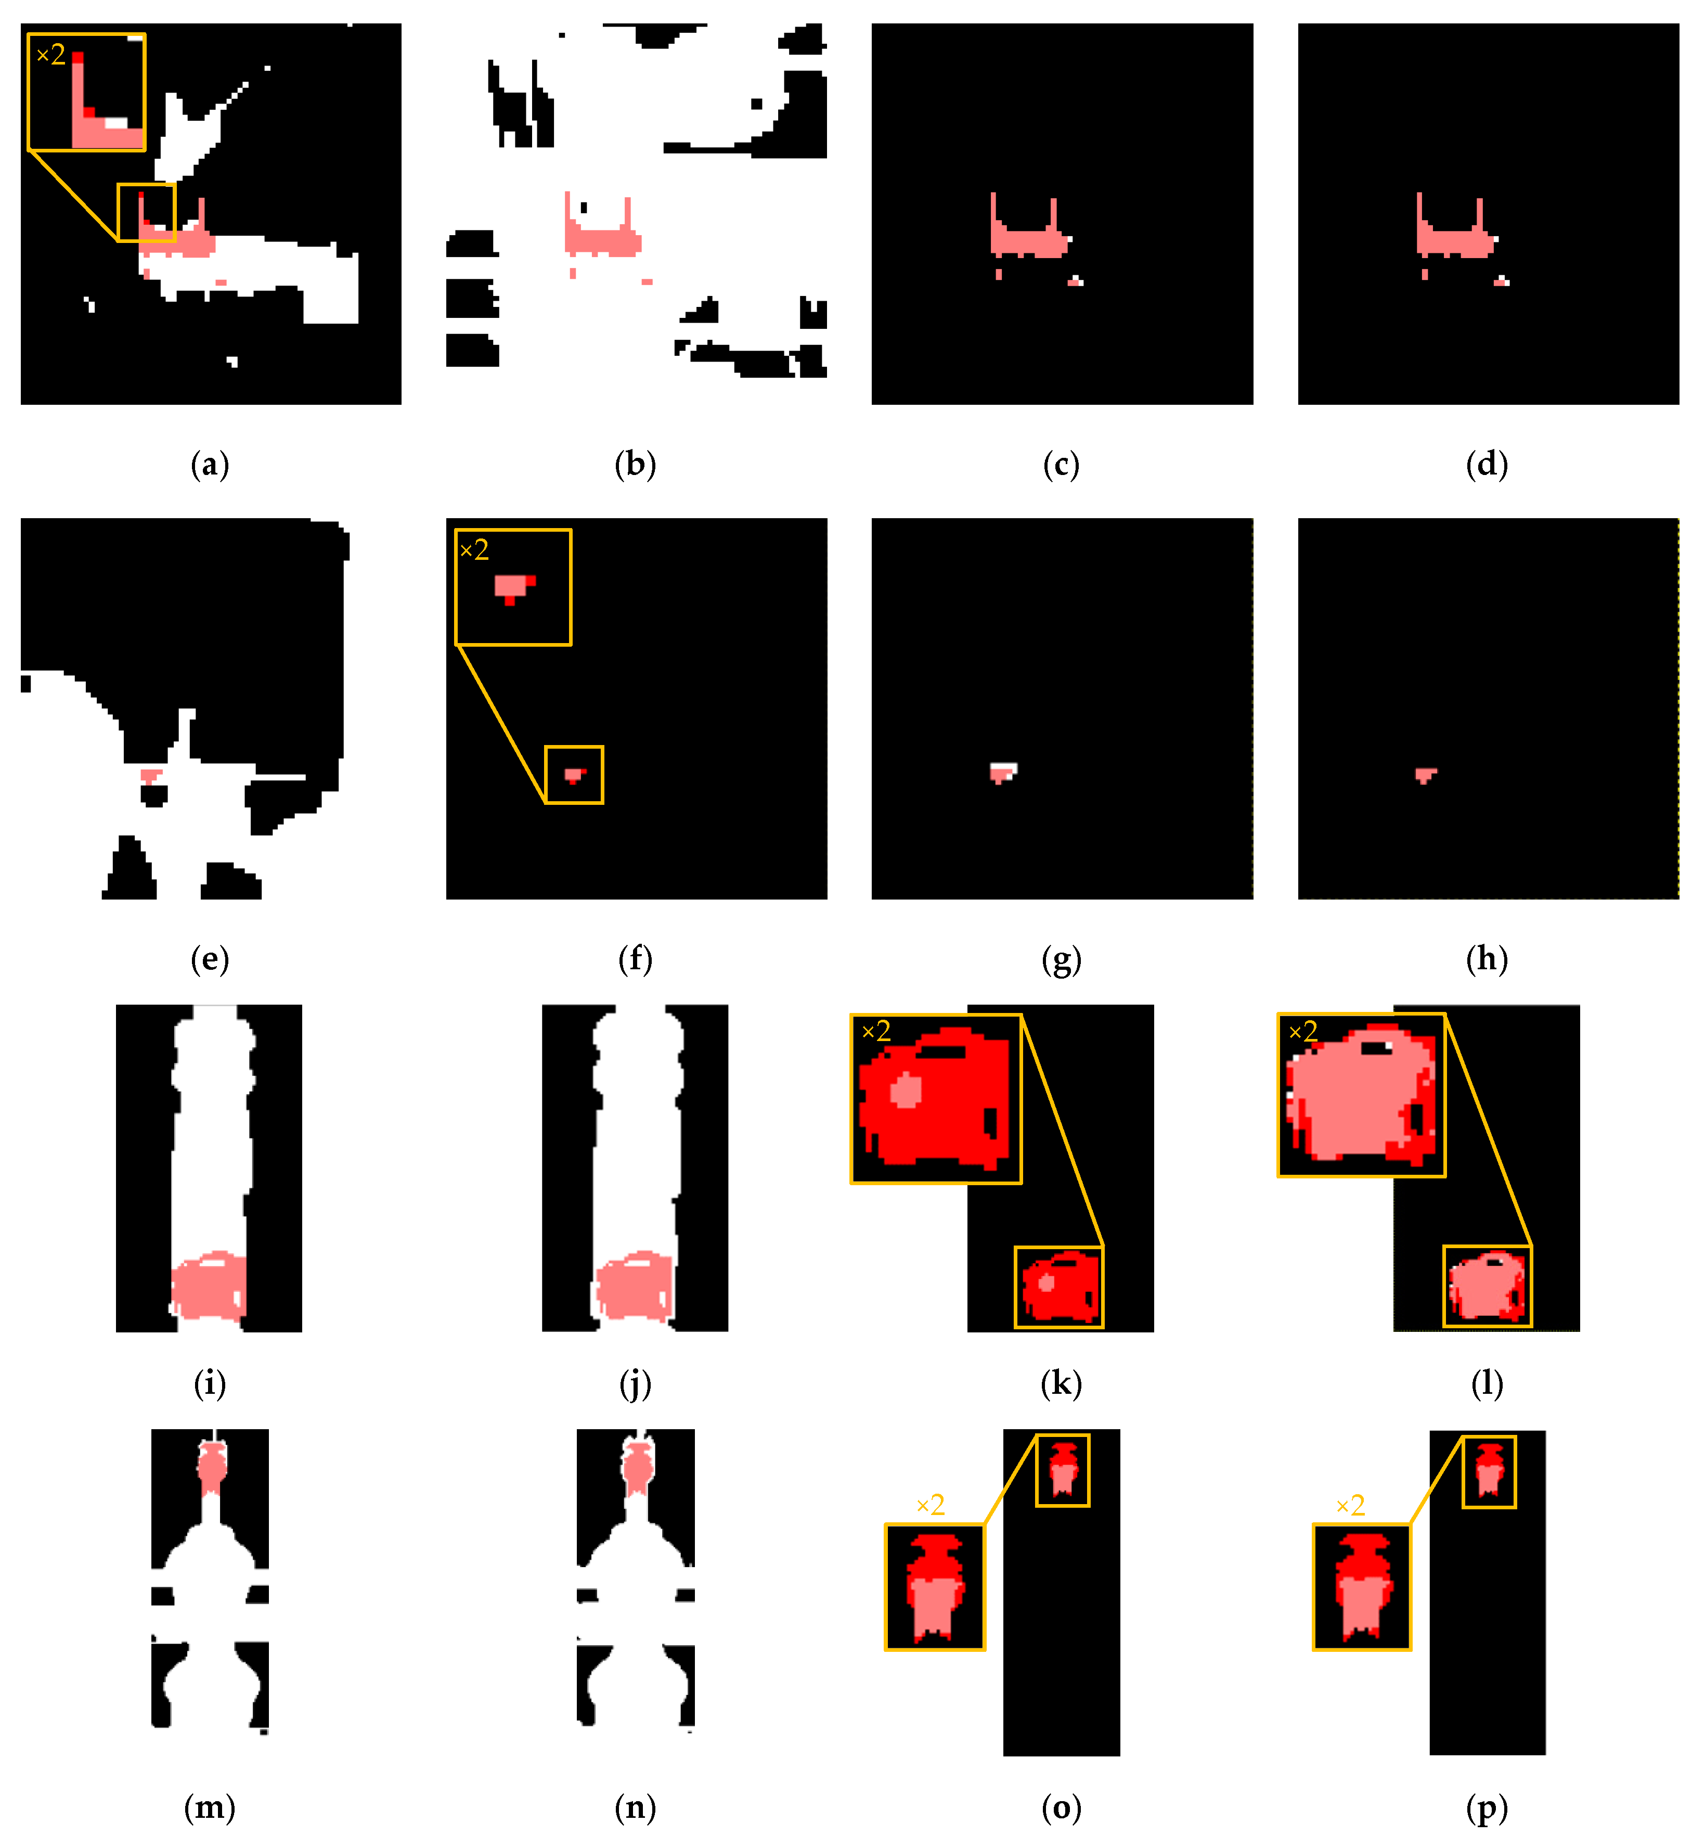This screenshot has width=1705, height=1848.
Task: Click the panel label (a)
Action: click(x=210, y=464)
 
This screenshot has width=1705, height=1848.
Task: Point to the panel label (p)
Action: click(x=1487, y=1808)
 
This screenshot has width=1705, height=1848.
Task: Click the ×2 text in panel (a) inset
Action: click(x=51, y=55)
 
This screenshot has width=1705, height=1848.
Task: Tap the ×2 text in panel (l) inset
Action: click(x=1303, y=1032)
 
